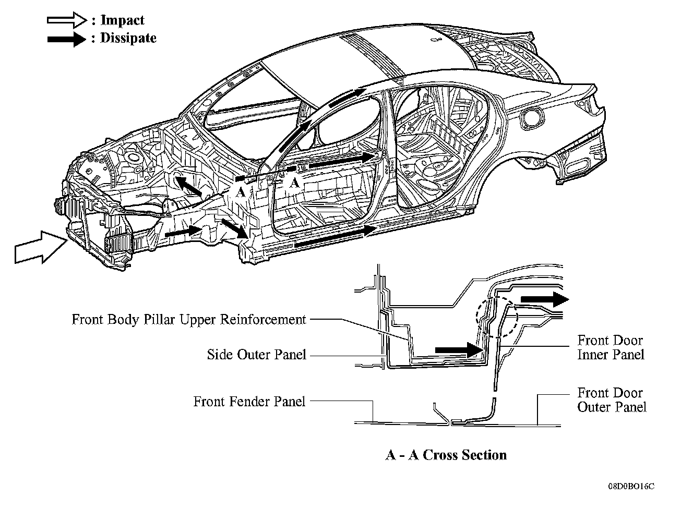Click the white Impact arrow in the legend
pos(66,20)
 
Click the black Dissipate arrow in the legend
pos(66,39)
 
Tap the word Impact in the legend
pos(122,20)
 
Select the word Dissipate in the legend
pos(128,38)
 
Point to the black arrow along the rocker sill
pos(334,236)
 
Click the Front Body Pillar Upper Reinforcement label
pos(188,319)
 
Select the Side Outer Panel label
pos(256,355)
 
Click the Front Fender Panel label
pos(249,402)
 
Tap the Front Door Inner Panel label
pos(610,347)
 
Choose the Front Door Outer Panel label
pos(611,399)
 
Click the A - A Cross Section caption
pos(446,455)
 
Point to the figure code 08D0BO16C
pos(630,487)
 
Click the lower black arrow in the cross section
pos(458,349)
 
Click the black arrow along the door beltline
pos(342,160)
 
